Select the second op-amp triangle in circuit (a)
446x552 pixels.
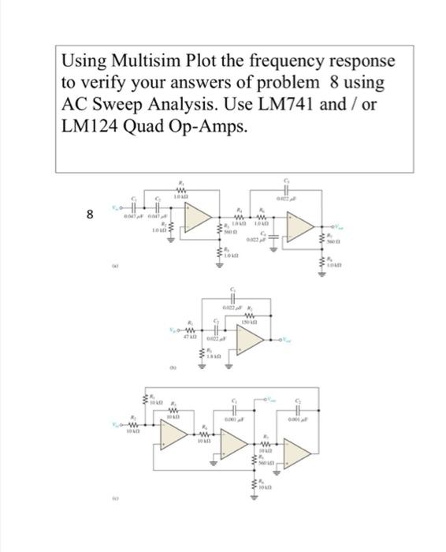(x=302, y=226)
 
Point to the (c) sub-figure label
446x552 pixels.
(x=116, y=498)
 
